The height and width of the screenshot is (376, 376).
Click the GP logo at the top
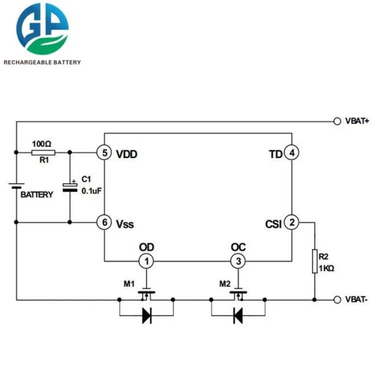(42, 29)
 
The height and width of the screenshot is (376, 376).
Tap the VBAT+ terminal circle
(337, 121)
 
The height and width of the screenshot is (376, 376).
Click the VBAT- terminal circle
(337, 300)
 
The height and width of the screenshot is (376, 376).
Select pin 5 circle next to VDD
(104, 153)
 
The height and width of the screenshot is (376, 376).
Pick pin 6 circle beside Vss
(104, 222)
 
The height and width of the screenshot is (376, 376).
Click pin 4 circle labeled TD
(292, 153)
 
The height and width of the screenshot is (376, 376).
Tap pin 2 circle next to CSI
(292, 222)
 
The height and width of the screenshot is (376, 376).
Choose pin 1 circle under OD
(146, 261)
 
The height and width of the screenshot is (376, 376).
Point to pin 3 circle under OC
(238, 261)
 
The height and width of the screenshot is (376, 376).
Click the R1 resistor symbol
(43, 153)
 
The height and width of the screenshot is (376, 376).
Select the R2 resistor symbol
(315, 261)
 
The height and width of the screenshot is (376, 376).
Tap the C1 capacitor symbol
(70, 187)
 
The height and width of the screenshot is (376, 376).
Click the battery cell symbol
(16, 186)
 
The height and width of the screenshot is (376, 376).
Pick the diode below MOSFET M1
(147, 316)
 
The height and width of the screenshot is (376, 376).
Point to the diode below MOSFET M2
(238, 316)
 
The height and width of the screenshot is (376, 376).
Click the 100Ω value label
(42, 144)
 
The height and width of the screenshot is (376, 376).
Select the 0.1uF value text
(91, 191)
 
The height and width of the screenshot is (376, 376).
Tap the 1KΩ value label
(326, 268)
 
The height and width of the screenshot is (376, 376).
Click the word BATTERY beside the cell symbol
(36, 194)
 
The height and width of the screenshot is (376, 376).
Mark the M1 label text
(129, 284)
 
